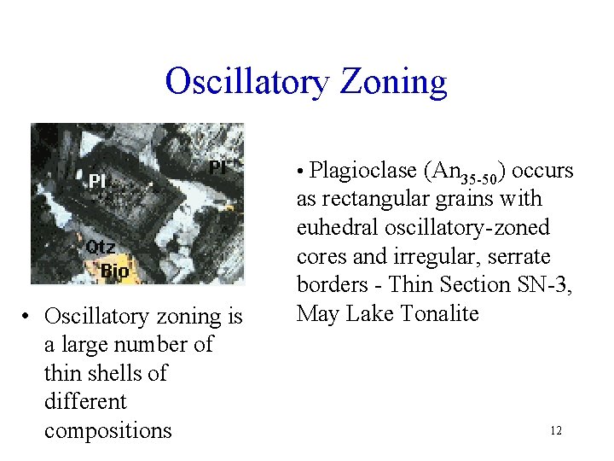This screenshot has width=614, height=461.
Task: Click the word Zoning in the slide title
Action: (x=394, y=82)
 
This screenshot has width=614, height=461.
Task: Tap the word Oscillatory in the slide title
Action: (x=246, y=82)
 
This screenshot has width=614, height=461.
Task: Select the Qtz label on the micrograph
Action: (x=100, y=247)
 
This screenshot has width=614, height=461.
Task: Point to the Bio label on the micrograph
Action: (x=114, y=271)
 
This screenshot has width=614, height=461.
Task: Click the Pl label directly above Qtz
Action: (x=96, y=182)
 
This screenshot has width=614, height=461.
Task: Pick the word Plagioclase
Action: (x=362, y=171)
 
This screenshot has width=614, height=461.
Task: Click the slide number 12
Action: (x=556, y=431)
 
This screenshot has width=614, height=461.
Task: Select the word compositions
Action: (x=108, y=430)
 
